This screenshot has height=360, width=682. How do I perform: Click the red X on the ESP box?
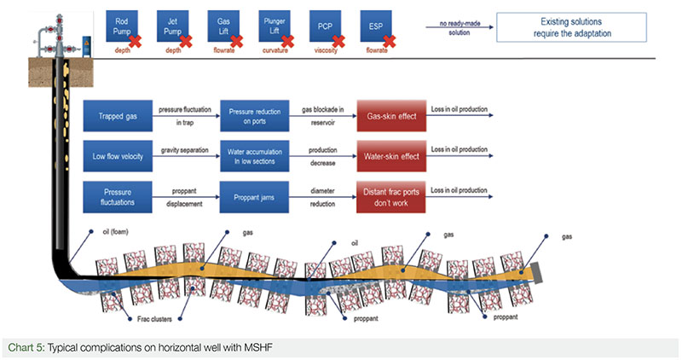coord(390,39)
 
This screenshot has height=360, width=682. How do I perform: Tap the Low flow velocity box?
coord(118,156)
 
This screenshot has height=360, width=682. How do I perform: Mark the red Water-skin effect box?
coord(390,156)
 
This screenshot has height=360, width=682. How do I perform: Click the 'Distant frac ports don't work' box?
coord(390,195)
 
